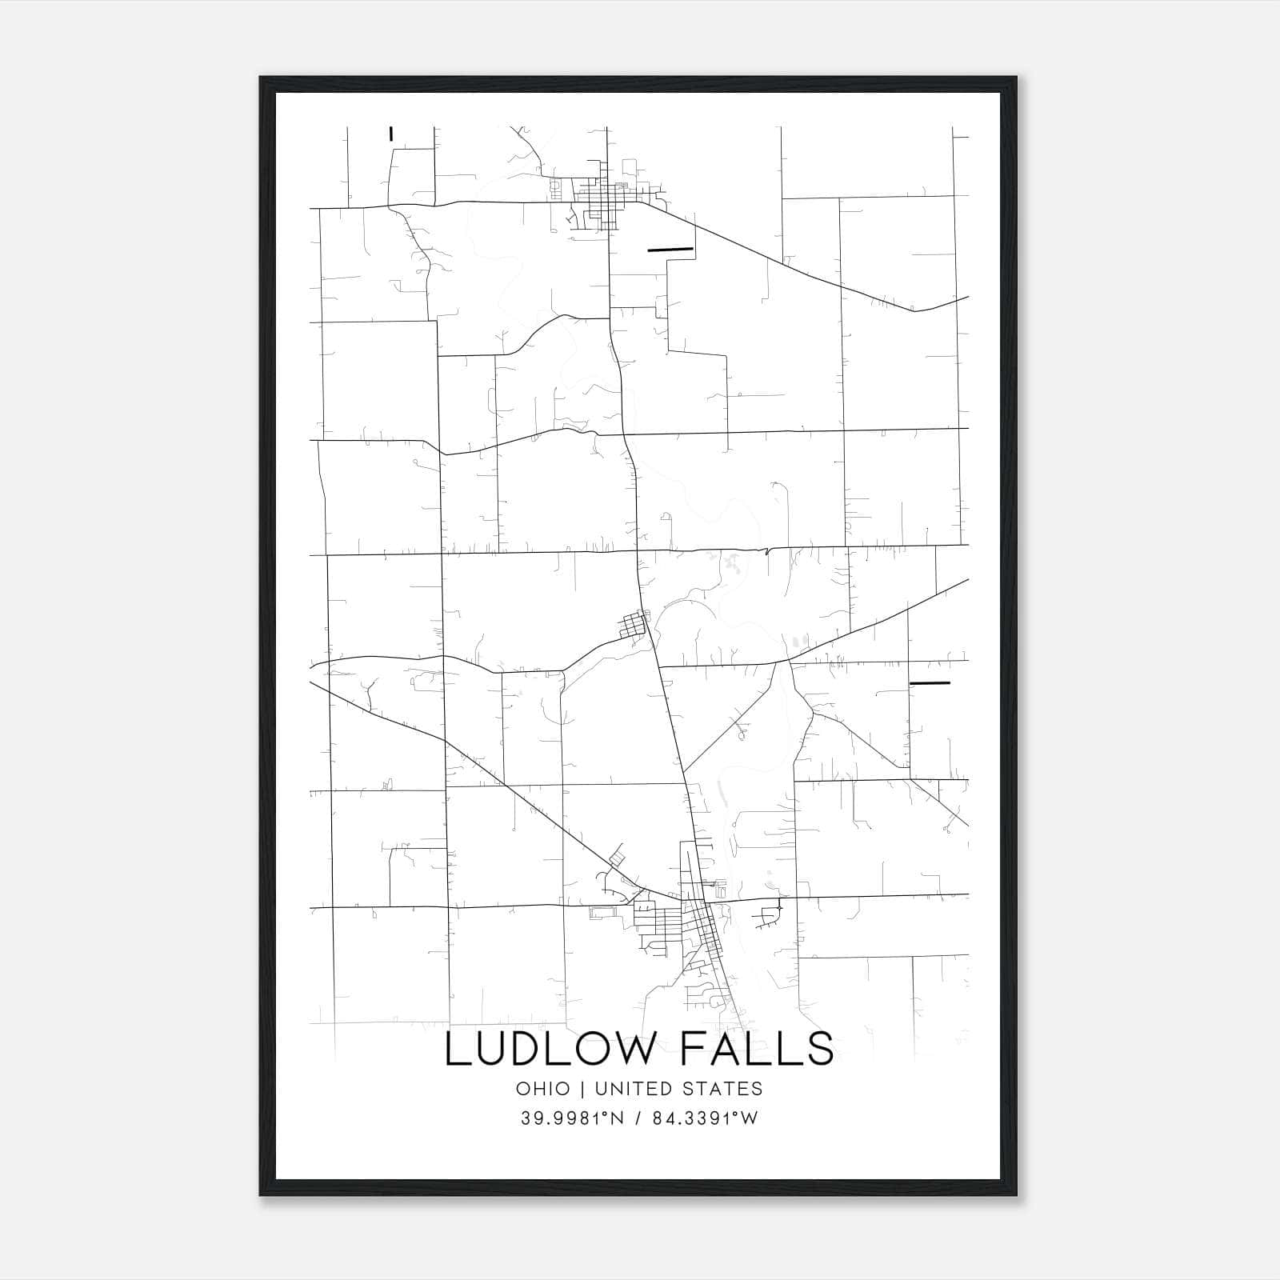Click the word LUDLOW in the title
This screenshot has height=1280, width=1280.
click(x=548, y=1049)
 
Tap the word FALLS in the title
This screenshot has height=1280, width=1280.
click(x=756, y=1049)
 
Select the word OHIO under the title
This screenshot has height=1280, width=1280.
click(x=543, y=1089)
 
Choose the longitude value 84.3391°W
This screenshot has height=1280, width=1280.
click(x=705, y=1118)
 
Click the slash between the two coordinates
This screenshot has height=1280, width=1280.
click(x=637, y=1118)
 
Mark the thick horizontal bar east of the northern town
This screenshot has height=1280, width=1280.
click(x=670, y=249)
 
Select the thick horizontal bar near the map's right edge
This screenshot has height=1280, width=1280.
click(x=930, y=683)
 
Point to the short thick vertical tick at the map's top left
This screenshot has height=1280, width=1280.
click(x=390, y=134)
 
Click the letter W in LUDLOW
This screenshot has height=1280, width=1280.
click(x=639, y=1049)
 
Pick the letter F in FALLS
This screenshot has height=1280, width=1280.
click(x=694, y=1049)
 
